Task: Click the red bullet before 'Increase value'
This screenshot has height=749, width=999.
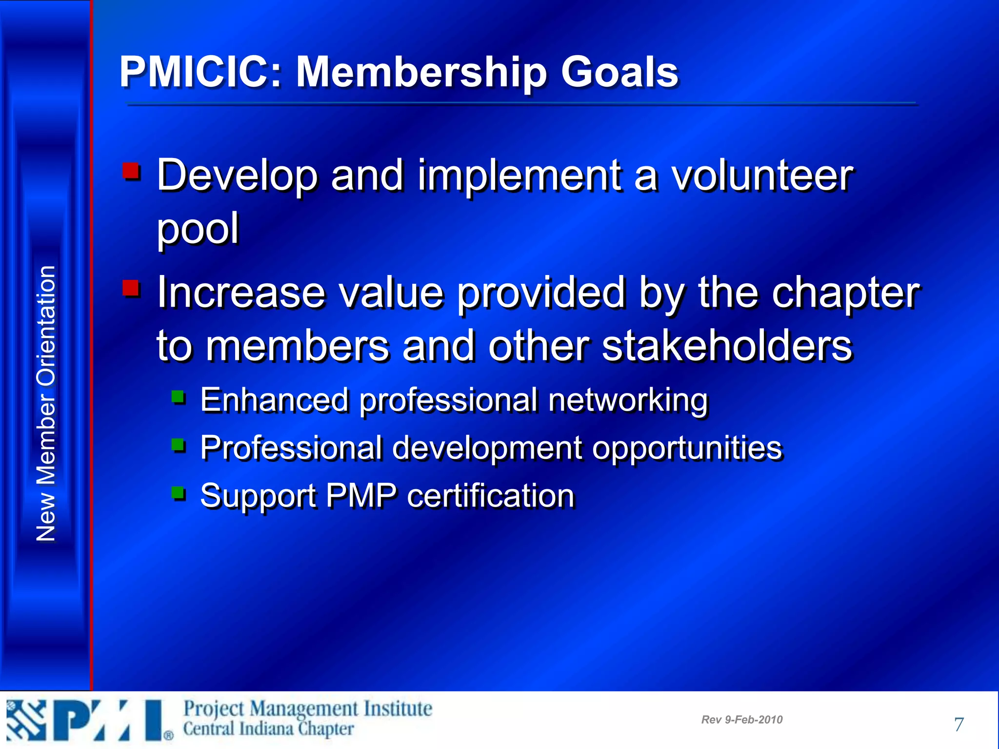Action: coord(131,288)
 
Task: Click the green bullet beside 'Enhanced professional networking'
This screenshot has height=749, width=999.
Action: coord(179,397)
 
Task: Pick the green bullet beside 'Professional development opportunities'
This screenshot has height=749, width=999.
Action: coord(179,445)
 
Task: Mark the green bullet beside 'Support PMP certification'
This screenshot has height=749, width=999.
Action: coord(179,493)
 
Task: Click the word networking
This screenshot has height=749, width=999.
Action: coord(628,401)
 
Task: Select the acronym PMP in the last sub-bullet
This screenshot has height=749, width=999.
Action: coord(360,496)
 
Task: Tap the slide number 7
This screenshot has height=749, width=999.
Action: coord(959,724)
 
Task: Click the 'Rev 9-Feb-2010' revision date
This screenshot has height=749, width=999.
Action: coord(741,720)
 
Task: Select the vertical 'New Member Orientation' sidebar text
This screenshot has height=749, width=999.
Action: coord(46,404)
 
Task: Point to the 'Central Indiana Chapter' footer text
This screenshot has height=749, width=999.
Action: coord(268,729)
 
